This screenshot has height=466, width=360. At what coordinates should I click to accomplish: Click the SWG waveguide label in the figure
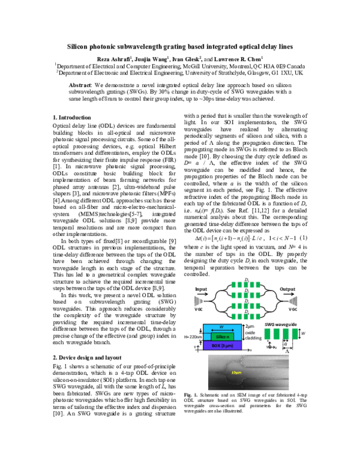coord(281,324)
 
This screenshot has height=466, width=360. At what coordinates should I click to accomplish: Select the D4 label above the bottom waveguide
coord(247,311)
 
